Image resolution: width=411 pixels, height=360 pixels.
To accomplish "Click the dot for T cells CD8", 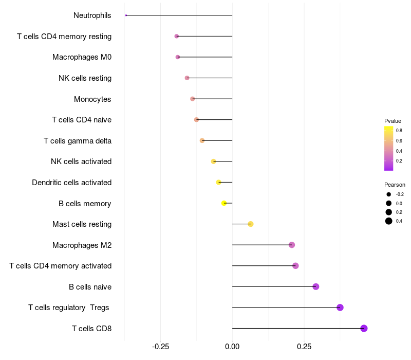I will click(364, 328).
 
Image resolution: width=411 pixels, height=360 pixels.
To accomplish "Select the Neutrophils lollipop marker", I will click(126, 15).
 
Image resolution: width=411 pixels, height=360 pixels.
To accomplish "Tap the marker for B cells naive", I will click(315, 286).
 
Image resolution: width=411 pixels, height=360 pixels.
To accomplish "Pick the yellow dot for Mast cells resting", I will click(250, 224).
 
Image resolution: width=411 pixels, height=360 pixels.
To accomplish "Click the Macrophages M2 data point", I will click(292, 245).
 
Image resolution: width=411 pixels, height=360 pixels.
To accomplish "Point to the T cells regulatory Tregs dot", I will click(340, 308).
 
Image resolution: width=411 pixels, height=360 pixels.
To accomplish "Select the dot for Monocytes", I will click(192, 99).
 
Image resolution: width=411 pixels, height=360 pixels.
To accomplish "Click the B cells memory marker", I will click(223, 203).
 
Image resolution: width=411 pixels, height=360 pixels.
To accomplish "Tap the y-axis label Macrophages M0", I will click(82, 57).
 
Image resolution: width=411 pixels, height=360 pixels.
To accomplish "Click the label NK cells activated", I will click(81, 161).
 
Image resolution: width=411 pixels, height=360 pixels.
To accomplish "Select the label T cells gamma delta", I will click(78, 140).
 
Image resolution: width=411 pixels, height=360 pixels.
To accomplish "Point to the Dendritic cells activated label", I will click(71, 183).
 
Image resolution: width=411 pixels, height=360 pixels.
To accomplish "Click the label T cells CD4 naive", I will click(82, 120).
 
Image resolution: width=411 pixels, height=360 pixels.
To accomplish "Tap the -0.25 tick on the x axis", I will click(161, 346).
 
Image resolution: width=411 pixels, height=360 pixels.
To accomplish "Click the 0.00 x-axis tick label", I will click(232, 346).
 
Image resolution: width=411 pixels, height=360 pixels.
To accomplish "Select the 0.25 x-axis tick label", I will click(304, 346).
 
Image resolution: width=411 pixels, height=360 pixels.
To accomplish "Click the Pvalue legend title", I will click(393, 121).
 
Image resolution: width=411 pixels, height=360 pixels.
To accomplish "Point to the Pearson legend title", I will click(395, 185).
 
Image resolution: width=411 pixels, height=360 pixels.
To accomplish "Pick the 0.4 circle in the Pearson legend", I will click(389, 221).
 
